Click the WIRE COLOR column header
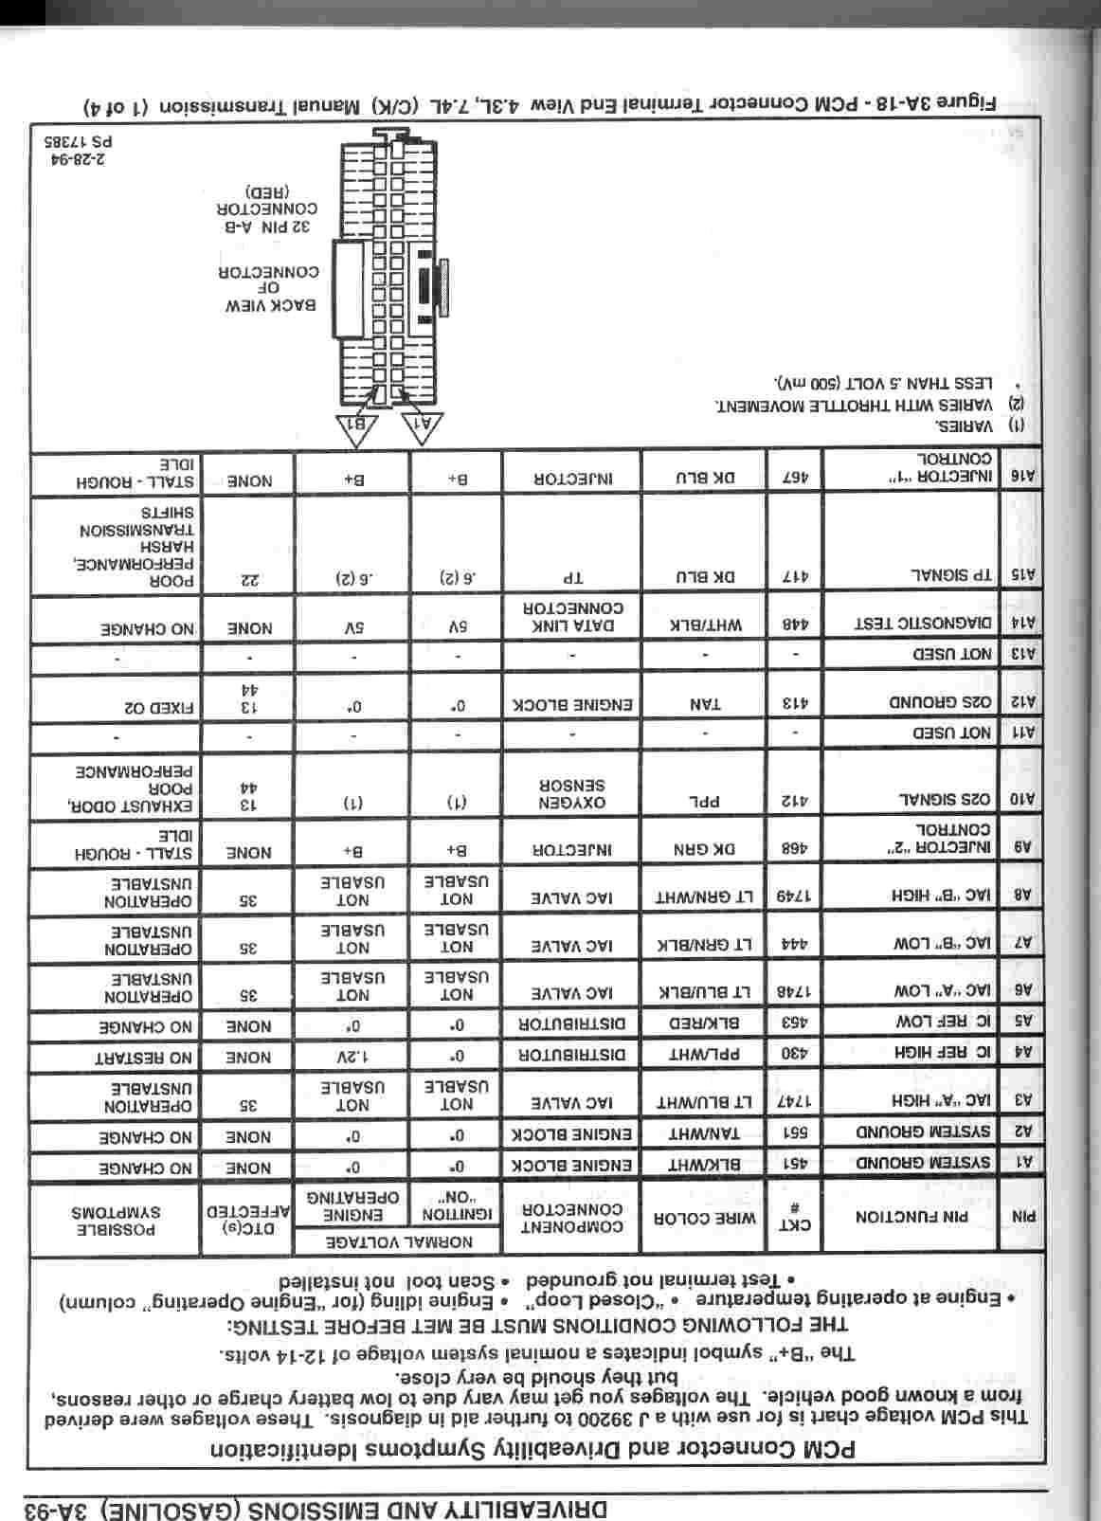pyautogui.click(x=703, y=1219)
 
